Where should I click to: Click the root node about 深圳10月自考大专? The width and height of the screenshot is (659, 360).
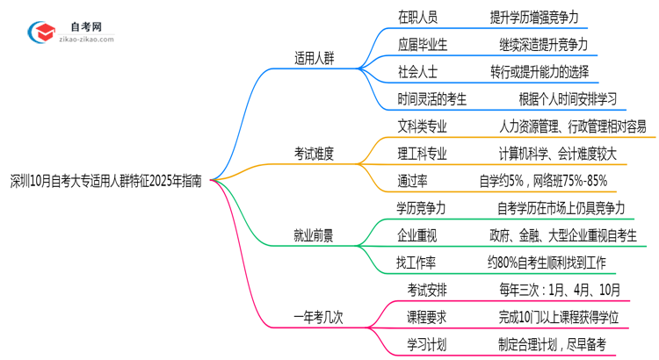pyautogui.click(x=105, y=181)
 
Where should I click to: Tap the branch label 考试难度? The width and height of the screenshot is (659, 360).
pyautogui.click(x=314, y=154)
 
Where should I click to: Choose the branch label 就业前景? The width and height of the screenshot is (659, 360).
pyautogui.click(x=314, y=234)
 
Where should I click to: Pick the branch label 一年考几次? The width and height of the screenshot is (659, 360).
pyautogui.click(x=318, y=316)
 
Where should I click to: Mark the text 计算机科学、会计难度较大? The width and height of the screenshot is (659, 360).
pyautogui.click(x=558, y=154)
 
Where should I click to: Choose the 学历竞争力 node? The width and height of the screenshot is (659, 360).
pyautogui.click(x=422, y=208)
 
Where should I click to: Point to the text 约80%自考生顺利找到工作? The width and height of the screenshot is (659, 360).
pyautogui.click(x=546, y=262)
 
